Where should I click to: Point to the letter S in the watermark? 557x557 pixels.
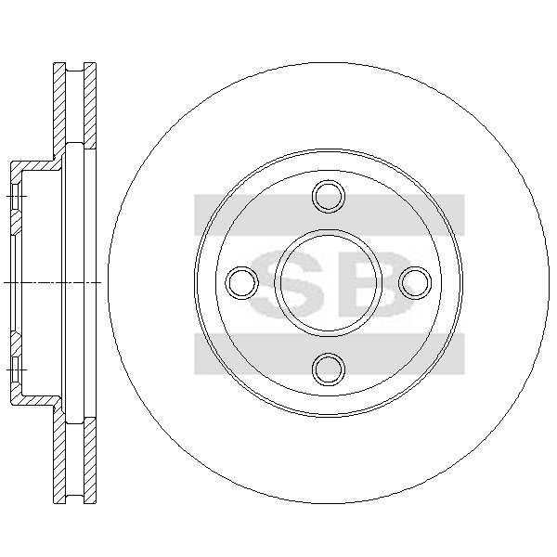(286, 283)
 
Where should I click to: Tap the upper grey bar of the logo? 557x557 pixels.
(330, 214)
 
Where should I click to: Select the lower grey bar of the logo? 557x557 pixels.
(330, 354)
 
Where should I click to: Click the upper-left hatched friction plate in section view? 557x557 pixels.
(59, 110)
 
